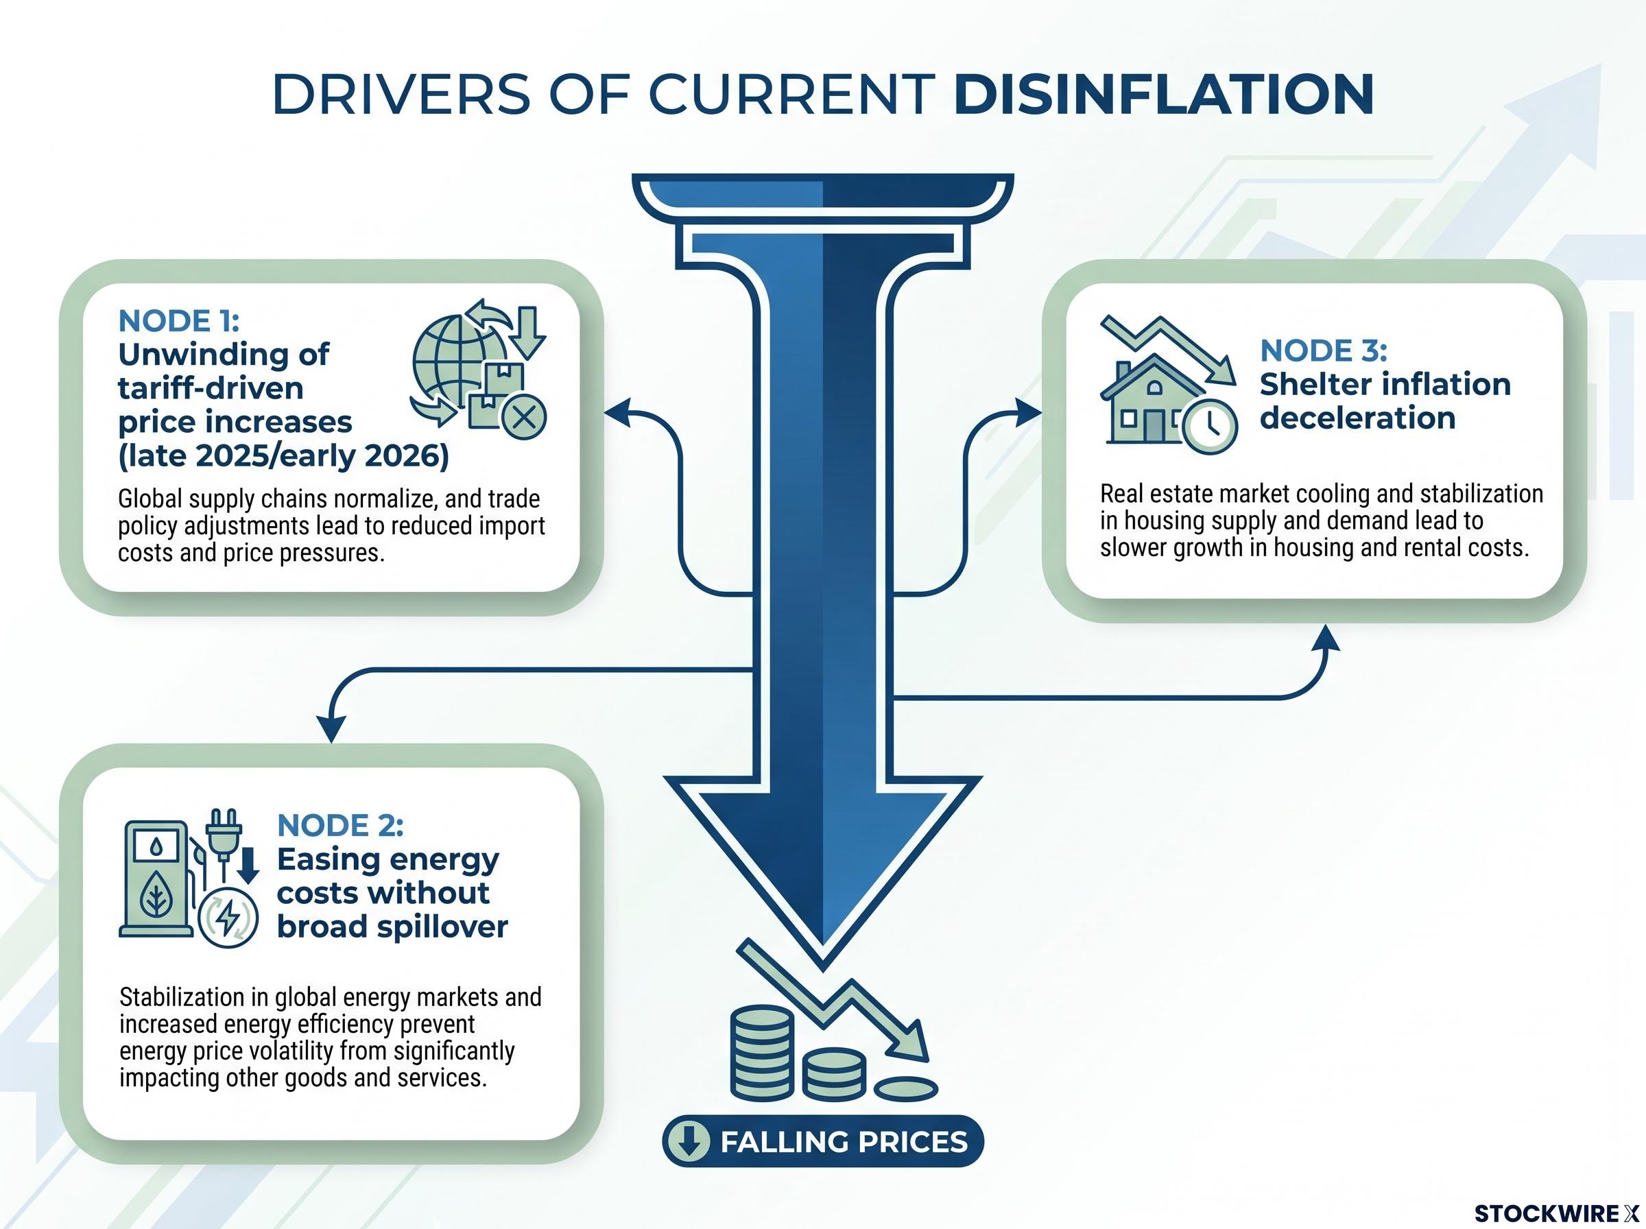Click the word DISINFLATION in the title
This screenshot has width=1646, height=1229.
[x=1163, y=95]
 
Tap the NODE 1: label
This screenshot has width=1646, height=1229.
[x=178, y=322]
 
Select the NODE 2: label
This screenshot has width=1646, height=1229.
[x=340, y=825]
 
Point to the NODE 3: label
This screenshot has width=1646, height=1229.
[x=1323, y=350]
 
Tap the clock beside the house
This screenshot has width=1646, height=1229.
[x=1210, y=427]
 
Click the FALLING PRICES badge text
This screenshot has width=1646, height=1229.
[x=844, y=1142]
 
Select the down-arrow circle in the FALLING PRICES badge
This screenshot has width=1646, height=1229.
[x=689, y=1141]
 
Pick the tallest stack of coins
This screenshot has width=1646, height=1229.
[x=762, y=1052]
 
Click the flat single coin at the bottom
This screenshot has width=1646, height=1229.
[x=905, y=1088]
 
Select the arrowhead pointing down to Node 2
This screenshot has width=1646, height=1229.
[x=331, y=728]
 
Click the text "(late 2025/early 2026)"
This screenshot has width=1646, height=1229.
[x=283, y=455]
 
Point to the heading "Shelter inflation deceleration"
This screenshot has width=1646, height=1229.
[x=1385, y=401]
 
